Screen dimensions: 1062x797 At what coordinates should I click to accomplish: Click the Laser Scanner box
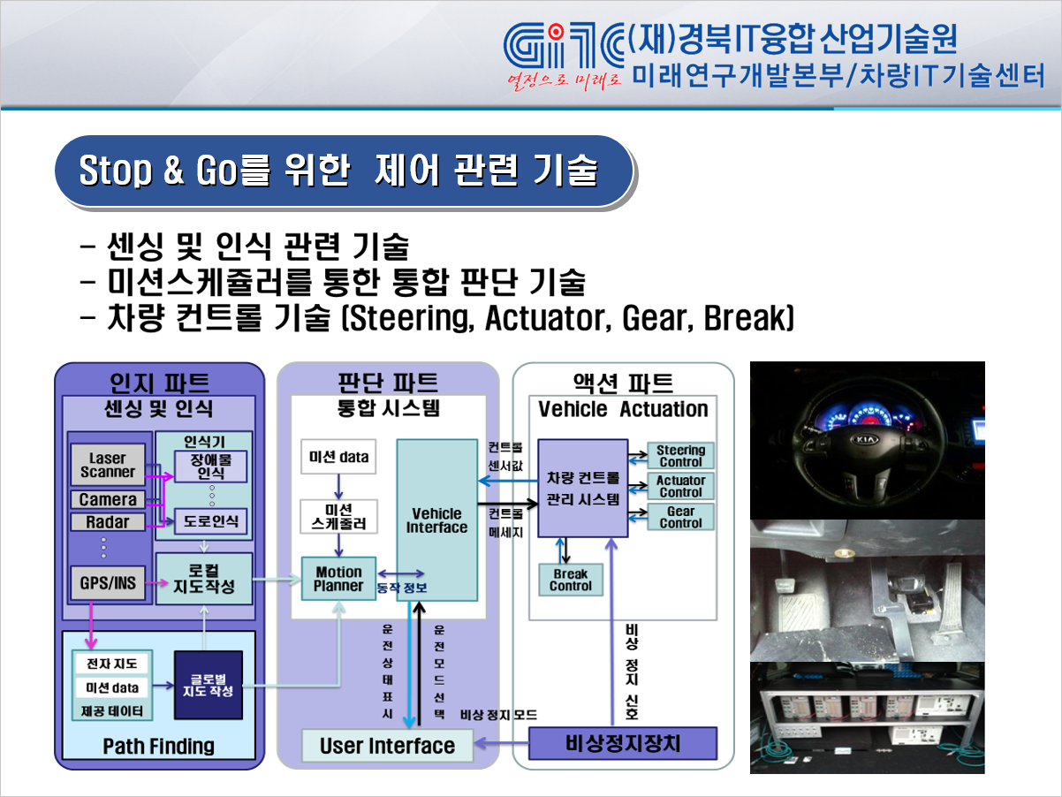pos(108,465)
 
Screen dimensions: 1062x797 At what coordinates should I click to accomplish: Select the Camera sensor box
pos(108,499)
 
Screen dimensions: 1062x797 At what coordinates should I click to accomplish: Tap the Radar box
pos(108,522)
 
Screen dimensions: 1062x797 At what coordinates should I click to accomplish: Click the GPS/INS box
pos(108,583)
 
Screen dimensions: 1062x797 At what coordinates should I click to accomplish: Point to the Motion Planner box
pos(338,579)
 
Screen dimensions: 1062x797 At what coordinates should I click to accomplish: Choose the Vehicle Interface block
pos(436,520)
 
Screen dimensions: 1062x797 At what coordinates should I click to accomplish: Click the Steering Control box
pos(680,455)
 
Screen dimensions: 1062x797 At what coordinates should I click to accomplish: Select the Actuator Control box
pos(680,486)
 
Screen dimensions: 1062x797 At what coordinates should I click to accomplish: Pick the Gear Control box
pos(680,517)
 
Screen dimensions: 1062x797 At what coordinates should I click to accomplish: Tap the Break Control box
pos(571,580)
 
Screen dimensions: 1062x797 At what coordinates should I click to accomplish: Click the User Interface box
pos(387,746)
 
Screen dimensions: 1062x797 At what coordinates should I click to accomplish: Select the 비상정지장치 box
pos(623,744)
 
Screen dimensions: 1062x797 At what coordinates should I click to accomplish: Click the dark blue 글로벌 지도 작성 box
pos(208,685)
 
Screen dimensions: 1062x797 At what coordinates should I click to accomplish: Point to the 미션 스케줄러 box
pos(338,516)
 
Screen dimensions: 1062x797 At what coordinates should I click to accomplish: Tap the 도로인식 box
pos(211,521)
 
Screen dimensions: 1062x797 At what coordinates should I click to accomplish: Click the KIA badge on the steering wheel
pos(865,439)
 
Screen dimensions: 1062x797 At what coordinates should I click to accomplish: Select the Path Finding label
pos(159,746)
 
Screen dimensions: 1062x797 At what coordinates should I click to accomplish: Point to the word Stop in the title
pos(115,171)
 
